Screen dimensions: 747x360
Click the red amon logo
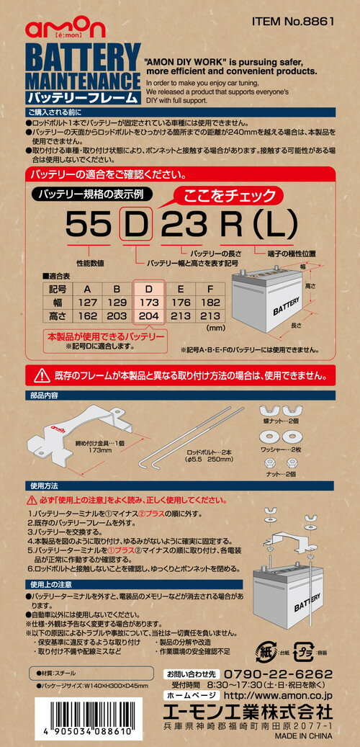pyautogui.click(x=66, y=30)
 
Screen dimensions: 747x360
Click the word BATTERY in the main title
pyautogui.click(x=83, y=57)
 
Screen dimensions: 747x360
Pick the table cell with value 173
pyautogui.click(x=149, y=303)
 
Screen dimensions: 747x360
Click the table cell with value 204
pyautogui.click(x=149, y=315)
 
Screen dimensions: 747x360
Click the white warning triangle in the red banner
pyautogui.click(x=42, y=375)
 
